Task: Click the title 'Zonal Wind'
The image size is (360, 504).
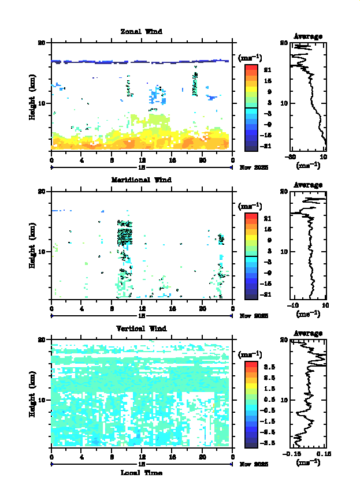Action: pyautogui.click(x=141, y=31)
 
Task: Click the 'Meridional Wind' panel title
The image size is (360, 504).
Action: pyautogui.click(x=141, y=180)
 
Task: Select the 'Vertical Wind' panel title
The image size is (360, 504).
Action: pyautogui.click(x=141, y=328)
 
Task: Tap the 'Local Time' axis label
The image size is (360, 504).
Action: pyautogui.click(x=141, y=473)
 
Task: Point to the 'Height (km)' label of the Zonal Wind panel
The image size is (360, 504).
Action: pyautogui.click(x=33, y=96)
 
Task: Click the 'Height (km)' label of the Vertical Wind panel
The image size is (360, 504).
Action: pyautogui.click(x=33, y=393)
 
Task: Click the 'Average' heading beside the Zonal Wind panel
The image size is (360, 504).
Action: pyautogui.click(x=308, y=36)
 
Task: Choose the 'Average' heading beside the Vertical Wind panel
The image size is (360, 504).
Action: pyautogui.click(x=308, y=333)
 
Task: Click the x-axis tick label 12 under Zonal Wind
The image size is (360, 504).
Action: pyautogui.click(x=142, y=160)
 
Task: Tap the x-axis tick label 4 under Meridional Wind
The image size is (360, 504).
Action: pyautogui.click(x=81, y=309)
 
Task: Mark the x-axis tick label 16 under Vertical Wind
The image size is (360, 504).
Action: pyautogui.click(x=172, y=457)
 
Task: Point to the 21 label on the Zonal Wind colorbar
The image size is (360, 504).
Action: pyautogui.click(x=268, y=70)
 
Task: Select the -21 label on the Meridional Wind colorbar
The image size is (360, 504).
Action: pyautogui.click(x=268, y=294)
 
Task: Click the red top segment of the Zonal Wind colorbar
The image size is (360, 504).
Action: pyautogui.click(x=251, y=68)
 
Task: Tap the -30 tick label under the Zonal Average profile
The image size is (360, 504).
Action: pyautogui.click(x=292, y=156)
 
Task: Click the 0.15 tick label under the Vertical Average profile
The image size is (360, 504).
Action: pyautogui.click(x=322, y=453)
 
